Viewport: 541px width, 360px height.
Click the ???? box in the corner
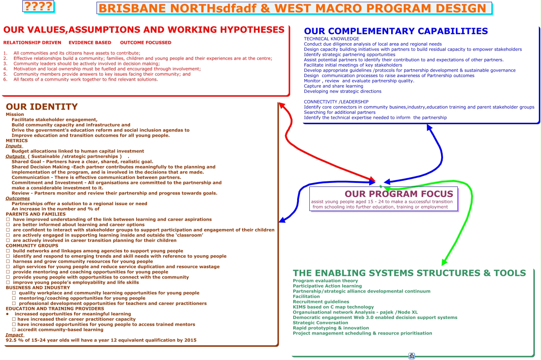tap(38, 6)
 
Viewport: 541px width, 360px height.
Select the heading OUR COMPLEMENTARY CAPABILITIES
tap(395, 31)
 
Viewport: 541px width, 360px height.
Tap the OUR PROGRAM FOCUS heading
tap(399, 194)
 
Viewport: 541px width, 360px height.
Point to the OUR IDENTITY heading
tap(42, 107)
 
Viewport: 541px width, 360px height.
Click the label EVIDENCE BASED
tap(90, 42)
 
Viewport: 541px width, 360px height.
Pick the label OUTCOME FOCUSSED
tap(146, 42)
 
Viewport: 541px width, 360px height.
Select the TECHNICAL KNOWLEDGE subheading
tap(331, 39)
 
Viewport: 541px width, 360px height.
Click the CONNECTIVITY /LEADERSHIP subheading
tap(336, 102)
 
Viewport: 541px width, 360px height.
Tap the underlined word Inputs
tap(14, 146)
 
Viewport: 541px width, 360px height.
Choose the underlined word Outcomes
tap(18, 198)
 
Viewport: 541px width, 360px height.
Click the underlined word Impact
tap(14, 335)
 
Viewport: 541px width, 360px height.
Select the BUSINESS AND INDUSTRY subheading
tap(38, 288)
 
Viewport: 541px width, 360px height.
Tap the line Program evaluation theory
tap(325, 281)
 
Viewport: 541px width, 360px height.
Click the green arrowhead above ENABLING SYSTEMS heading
tap(445, 262)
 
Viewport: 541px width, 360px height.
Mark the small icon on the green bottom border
tap(412, 356)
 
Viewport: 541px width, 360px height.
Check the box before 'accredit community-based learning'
tap(14, 330)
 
